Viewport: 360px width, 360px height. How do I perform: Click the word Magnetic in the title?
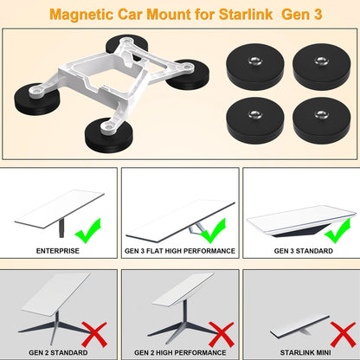coord(81,15)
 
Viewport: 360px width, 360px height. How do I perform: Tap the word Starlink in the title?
coord(246,14)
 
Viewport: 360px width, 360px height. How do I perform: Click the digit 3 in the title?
coord(318,14)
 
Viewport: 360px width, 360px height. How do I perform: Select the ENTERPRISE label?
coord(58,251)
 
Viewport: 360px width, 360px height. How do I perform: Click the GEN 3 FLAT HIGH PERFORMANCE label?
coord(180,251)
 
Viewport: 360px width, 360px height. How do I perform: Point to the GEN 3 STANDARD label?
coord(304,251)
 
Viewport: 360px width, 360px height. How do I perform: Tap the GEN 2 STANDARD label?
coord(58,352)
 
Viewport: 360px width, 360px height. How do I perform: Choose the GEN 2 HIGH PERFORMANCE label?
coord(180,352)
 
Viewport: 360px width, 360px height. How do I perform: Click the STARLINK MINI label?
coord(305,352)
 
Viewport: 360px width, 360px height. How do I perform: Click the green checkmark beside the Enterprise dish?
coord(88,232)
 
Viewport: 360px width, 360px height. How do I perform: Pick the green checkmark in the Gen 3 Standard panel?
coord(337,231)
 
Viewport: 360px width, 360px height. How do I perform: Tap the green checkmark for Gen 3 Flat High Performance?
coord(213,231)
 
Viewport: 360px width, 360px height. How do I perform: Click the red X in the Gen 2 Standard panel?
coord(94,335)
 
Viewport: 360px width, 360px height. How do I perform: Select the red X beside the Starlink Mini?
coord(344,335)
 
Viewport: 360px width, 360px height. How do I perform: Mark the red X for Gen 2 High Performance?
coord(222,335)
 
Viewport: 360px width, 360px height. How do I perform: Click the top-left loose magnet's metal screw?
coord(255,61)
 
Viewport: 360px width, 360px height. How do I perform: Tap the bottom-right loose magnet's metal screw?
coord(321,114)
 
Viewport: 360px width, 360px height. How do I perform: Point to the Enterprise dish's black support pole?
coord(61,228)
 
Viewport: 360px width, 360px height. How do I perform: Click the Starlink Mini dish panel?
coord(300,327)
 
